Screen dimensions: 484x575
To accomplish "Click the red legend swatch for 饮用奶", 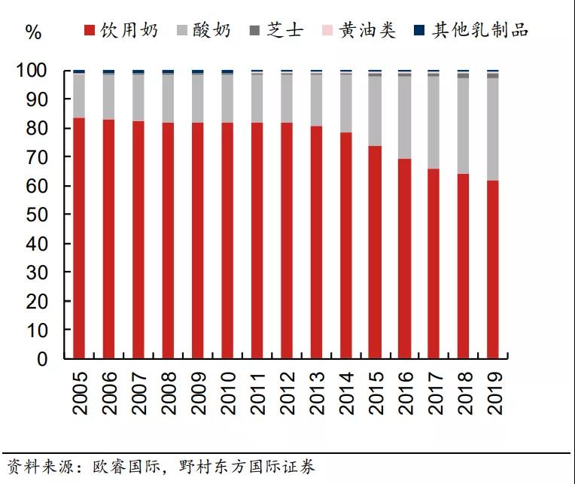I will pyautogui.click(x=90, y=31).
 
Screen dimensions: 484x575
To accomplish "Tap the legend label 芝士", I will pyautogui.click(x=285, y=31).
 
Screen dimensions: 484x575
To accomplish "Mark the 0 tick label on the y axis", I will pyautogui.click(x=56, y=360).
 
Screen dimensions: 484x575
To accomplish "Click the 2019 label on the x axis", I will pyautogui.click(x=494, y=393).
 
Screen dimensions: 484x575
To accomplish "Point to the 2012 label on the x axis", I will pyautogui.click(x=287, y=393).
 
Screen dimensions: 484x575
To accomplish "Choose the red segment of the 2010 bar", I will pyautogui.click(x=227, y=240).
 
